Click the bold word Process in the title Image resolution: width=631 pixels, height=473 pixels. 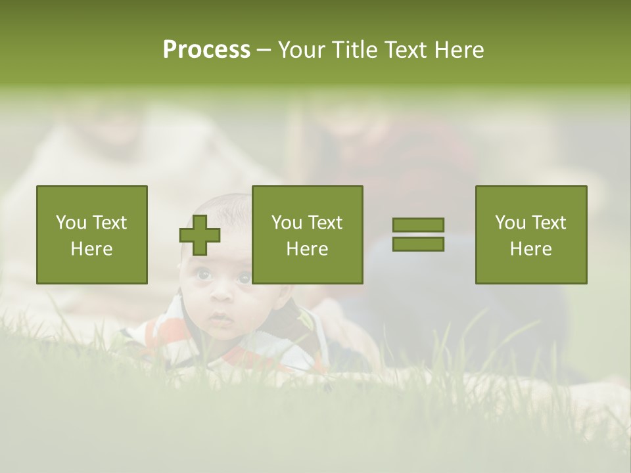pos(206,50)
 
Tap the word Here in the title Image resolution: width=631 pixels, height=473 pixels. pos(460,50)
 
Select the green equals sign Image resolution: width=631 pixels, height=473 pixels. pos(418,235)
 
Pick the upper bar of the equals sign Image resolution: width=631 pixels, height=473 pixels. pos(418,225)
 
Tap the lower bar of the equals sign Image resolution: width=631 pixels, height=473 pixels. pos(418,244)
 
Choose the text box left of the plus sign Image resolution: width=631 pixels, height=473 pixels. pos(92,235)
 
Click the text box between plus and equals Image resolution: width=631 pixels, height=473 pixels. pos(308,235)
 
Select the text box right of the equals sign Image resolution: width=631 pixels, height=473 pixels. pos(531,235)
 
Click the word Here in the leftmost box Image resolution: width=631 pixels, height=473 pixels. pos(92,249)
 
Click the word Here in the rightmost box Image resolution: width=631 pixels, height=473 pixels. pos(531,249)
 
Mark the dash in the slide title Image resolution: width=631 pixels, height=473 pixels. pos(264,50)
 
